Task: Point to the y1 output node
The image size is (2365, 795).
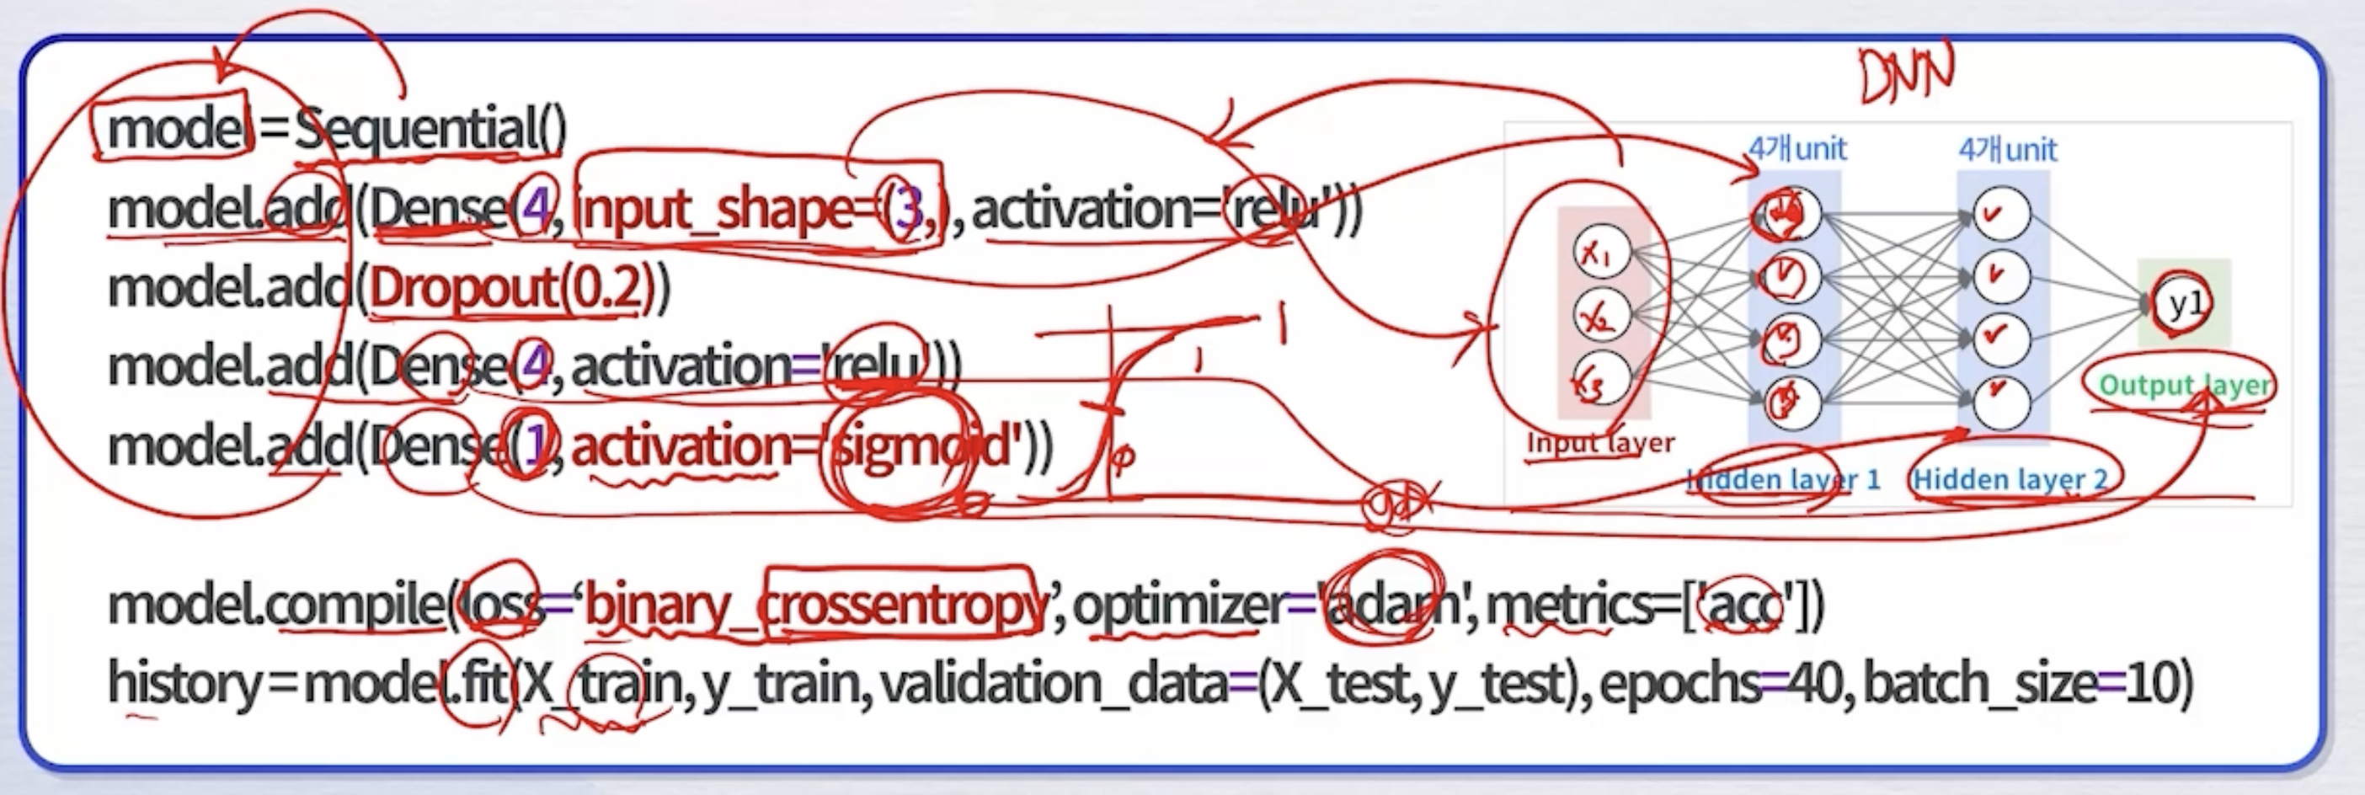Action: click(2183, 303)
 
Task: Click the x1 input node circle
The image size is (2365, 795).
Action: click(1601, 253)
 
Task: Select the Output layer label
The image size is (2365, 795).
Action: click(2185, 385)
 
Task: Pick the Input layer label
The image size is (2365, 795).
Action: click(1599, 442)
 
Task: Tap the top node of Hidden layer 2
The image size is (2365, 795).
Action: click(2000, 214)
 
